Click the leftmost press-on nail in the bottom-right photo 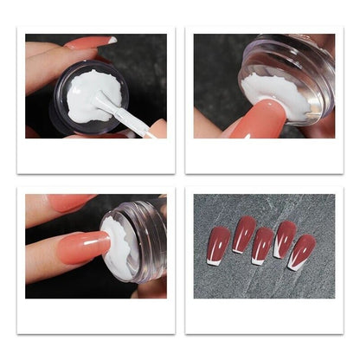click(220, 243)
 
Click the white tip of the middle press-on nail click(258, 258)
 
